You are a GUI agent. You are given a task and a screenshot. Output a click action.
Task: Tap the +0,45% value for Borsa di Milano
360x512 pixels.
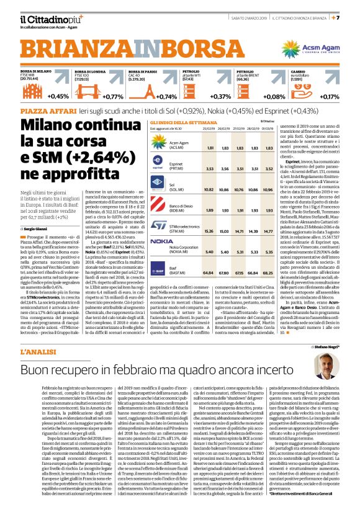point(59,97)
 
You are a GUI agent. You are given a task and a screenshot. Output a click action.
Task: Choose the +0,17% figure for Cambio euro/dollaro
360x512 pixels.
point(329,97)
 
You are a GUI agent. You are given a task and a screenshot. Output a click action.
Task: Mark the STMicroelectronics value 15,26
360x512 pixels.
point(210,230)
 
